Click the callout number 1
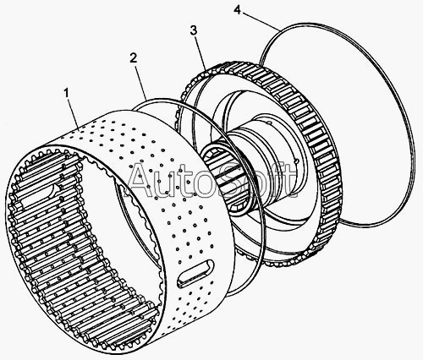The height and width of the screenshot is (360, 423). pyautogui.click(x=66, y=93)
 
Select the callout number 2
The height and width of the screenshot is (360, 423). pyautogui.click(x=133, y=57)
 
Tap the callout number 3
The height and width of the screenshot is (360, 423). pyautogui.click(x=194, y=30)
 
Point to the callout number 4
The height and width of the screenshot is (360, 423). pyautogui.click(x=238, y=10)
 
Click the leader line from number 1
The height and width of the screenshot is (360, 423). pyautogui.click(x=73, y=114)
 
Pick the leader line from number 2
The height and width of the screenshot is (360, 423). pyautogui.click(x=141, y=82)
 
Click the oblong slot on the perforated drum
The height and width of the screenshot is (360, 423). pyautogui.click(x=195, y=273)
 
